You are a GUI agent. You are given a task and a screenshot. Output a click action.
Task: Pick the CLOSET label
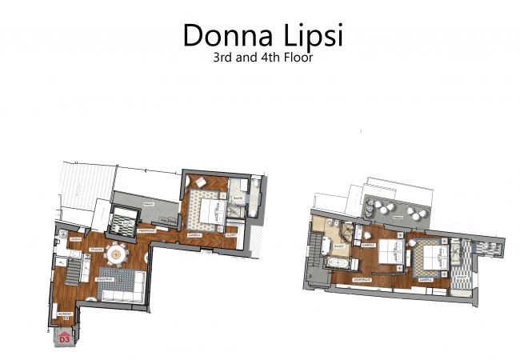point(229,236)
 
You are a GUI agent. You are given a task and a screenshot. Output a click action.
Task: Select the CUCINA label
point(74,238)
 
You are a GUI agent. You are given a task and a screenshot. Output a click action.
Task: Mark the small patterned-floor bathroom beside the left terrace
point(124,218)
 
